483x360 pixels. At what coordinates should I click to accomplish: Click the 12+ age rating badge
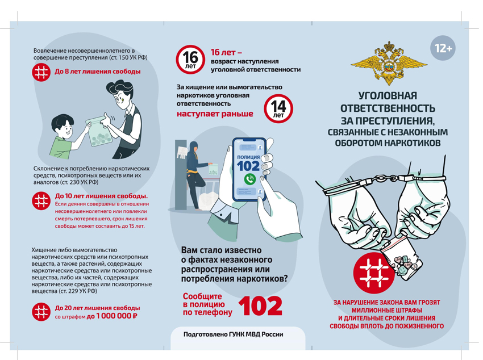442,48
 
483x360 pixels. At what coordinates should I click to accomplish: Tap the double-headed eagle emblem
389,63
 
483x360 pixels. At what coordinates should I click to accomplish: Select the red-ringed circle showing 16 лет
190,60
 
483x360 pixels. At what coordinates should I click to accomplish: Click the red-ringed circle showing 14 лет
278,108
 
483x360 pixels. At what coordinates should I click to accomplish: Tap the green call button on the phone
249,179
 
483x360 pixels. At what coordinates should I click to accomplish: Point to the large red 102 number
260,306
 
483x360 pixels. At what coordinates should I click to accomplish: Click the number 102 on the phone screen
248,166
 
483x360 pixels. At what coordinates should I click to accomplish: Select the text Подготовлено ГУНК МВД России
233,334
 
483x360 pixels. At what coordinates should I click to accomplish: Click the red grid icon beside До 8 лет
41,72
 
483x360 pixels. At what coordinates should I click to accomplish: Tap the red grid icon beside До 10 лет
41,201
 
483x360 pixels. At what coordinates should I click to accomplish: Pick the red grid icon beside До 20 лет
41,312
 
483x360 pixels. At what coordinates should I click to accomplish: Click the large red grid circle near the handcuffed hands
374,273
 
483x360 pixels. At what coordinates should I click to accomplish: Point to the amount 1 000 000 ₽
112,316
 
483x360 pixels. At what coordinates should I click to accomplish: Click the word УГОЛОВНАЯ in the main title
388,96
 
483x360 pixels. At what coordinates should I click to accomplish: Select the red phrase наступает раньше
215,114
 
